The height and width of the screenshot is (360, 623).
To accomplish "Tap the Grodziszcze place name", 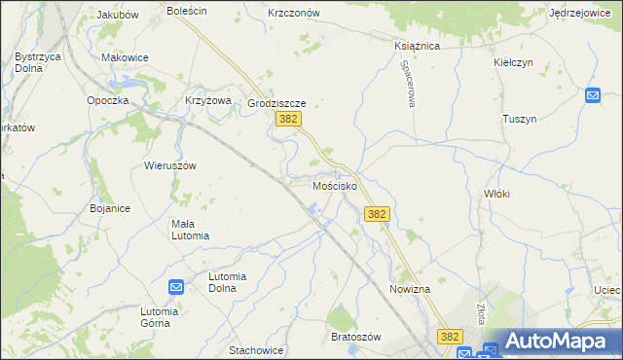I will point(277,102).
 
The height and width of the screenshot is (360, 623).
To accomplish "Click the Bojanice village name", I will point(110,208).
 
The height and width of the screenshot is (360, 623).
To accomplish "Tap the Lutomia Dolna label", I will point(239,276).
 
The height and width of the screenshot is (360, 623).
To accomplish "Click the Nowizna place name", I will point(410,290).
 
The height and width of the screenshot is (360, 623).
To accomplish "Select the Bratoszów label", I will point(354,336).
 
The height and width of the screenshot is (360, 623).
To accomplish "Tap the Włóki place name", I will point(496,194).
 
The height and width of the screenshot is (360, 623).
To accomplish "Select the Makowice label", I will point(125,57).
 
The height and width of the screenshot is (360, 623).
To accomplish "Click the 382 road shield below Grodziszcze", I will point(287,119).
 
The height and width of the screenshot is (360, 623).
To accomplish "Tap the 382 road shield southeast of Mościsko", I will point(378,214).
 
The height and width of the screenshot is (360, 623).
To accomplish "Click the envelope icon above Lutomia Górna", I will point(176,287).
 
